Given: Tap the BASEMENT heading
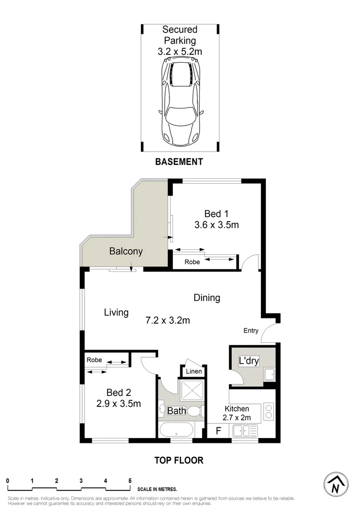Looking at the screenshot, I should click(179, 162).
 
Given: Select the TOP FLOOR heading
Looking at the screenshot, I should click(179, 460).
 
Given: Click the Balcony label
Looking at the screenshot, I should click(126, 251).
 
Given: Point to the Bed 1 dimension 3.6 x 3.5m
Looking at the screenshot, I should click(214, 225).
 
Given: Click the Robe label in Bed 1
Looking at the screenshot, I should click(192, 262).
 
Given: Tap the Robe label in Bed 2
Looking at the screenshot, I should click(94, 360).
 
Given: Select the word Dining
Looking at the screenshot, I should click(207, 297).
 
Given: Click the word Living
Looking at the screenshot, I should click(116, 312).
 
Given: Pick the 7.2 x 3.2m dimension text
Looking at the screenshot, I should click(168, 320).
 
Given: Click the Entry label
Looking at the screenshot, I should click(251, 331).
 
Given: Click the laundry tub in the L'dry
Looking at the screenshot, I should click(269, 375).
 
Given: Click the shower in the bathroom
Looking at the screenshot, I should click(191, 390).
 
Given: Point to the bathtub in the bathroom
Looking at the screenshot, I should click(175, 431).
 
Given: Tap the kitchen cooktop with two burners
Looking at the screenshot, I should click(269, 412).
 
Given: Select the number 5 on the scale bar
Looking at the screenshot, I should click(130, 481).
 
